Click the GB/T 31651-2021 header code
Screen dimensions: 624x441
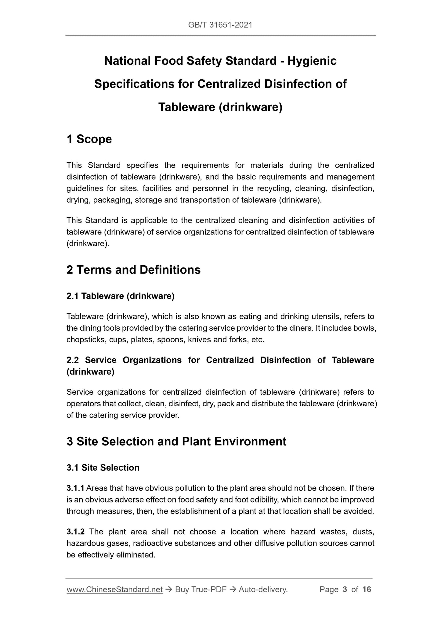pyautogui.click(x=220, y=25)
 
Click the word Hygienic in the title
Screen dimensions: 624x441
pyautogui.click(x=312, y=61)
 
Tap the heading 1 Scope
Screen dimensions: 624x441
pyautogui.click(x=89, y=139)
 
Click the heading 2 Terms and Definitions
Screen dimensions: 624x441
pyautogui.click(x=133, y=270)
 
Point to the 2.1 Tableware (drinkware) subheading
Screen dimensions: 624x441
pyautogui.click(x=120, y=296)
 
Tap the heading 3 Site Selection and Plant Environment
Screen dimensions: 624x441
pyautogui.click(x=176, y=441)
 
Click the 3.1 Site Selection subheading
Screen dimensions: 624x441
pyautogui.click(x=103, y=468)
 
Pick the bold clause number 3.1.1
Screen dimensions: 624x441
pyautogui.click(x=75, y=488)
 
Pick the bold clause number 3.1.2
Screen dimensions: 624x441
pyautogui.click(x=75, y=532)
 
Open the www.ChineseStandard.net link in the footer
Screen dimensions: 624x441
pyautogui.click(x=114, y=590)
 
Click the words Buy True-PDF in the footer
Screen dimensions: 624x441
pyautogui.click(x=201, y=590)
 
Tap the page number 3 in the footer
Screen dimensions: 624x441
pyautogui.click(x=345, y=590)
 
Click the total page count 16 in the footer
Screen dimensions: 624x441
pyautogui.click(x=367, y=590)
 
